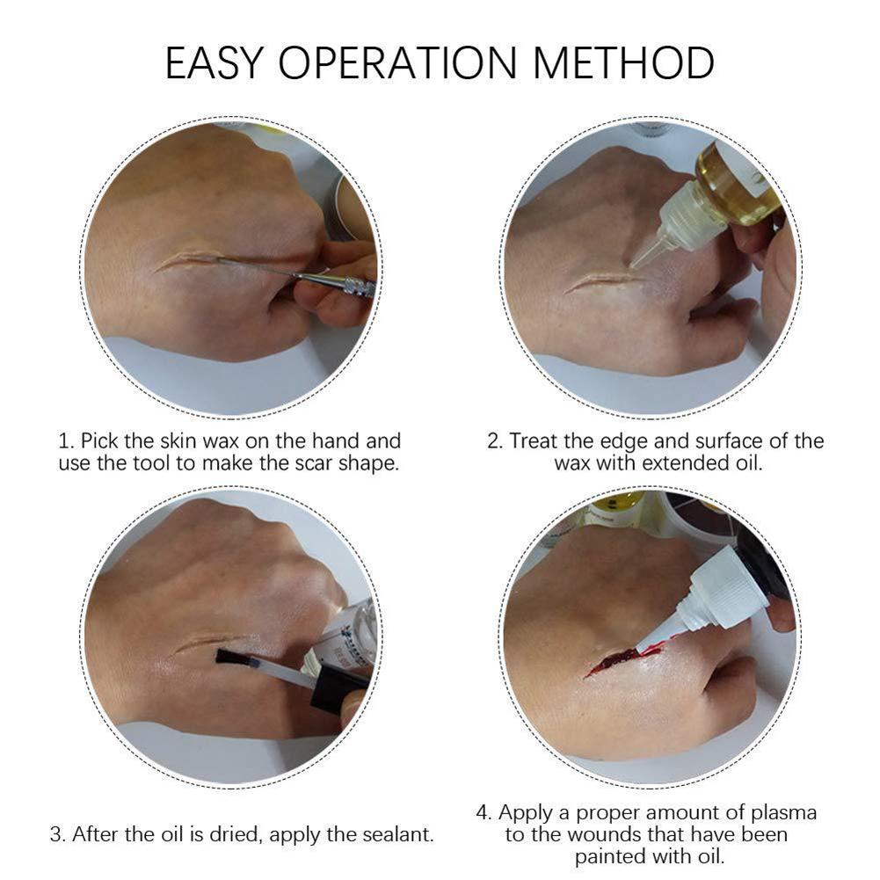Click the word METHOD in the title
coord(623,62)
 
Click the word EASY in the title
coord(214,62)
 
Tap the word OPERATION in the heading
coord(397,62)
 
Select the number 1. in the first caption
coord(67,441)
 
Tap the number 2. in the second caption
coord(496,441)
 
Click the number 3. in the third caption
coord(58,834)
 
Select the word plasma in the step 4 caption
coord(783,812)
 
